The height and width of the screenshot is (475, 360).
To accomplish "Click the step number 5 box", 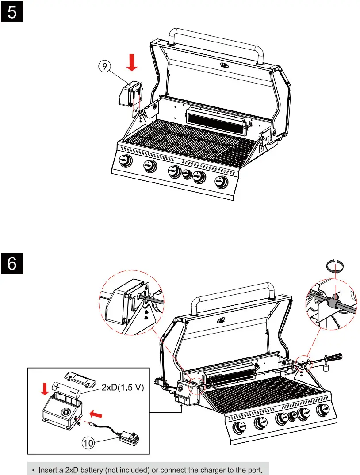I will (x=12, y=12).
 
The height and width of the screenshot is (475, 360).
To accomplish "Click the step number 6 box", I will (x=12, y=264).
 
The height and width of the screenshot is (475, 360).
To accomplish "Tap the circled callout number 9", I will (x=104, y=68).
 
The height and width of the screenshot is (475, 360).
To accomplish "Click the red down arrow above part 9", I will (x=131, y=62).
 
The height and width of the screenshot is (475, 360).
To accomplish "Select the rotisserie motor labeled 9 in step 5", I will (x=130, y=93).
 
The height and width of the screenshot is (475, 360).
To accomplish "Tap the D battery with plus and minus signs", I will (x=66, y=389).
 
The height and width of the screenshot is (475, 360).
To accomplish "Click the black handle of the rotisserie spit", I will (x=335, y=356).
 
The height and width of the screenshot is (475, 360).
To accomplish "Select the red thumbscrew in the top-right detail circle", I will (x=337, y=296).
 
